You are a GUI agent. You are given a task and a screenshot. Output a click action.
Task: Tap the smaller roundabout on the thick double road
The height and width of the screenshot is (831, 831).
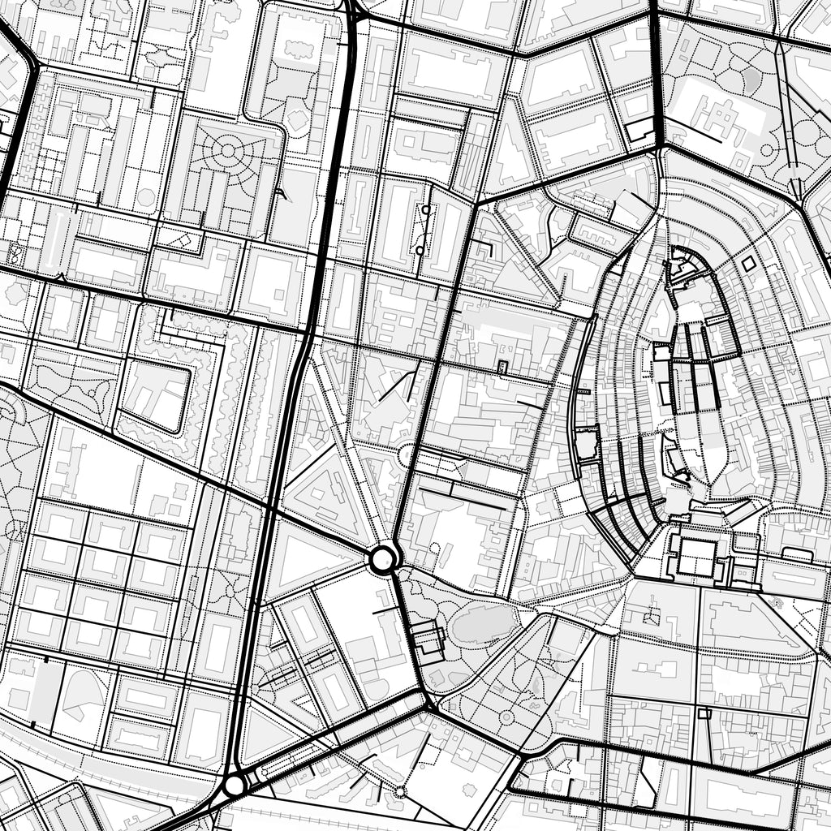[x=235, y=785]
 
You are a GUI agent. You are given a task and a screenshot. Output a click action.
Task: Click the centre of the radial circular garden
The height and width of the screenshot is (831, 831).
[x=228, y=150]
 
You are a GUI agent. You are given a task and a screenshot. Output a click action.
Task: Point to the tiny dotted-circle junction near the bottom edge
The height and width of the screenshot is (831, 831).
[x=399, y=790]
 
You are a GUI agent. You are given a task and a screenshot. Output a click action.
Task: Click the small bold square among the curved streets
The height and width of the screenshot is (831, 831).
[x=748, y=264]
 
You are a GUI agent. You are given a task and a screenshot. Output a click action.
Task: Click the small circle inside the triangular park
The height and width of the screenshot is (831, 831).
[x=506, y=717]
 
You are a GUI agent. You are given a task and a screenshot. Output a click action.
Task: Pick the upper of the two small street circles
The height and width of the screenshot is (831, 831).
[x=425, y=209]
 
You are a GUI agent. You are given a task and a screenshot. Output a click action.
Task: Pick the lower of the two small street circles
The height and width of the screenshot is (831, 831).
[x=420, y=250]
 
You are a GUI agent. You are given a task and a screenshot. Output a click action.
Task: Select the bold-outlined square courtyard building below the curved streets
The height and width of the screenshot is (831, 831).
[x=696, y=558]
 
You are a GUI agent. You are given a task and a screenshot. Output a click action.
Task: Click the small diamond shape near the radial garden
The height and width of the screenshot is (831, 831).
[x=184, y=240]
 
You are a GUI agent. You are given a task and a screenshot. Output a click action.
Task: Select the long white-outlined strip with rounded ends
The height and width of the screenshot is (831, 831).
[x=52, y=239]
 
